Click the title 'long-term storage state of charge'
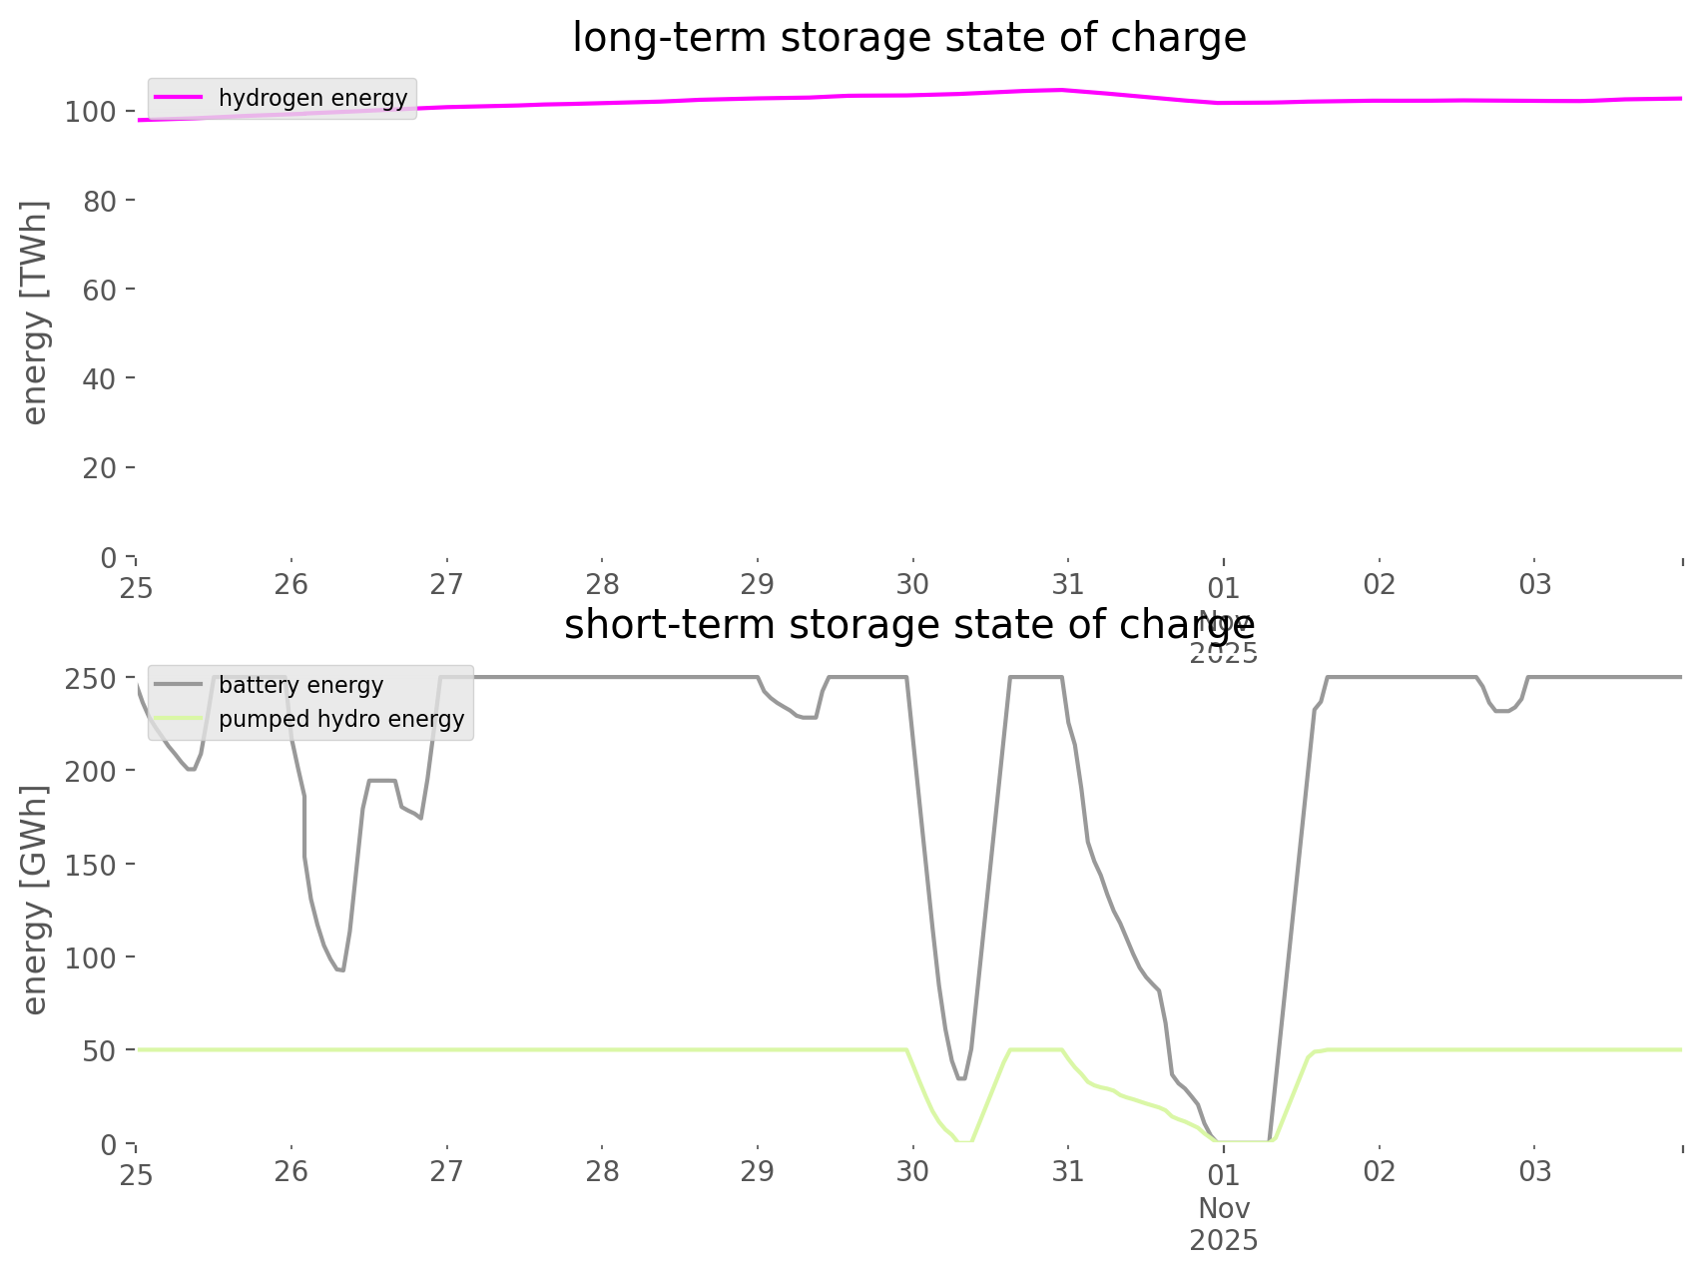point(908,38)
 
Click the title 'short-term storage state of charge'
point(908,625)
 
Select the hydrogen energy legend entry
point(312,98)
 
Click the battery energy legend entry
point(300,685)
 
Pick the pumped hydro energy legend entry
point(340,719)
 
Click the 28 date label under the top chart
point(602,584)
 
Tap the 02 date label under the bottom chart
point(1379,1171)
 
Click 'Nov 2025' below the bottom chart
point(1224,1224)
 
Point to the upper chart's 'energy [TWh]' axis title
point(35,313)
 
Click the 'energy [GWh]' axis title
point(35,900)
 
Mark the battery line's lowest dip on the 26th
point(341,970)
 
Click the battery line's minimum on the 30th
point(961,1078)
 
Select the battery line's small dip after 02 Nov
point(1501,711)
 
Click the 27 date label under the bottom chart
point(446,1171)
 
